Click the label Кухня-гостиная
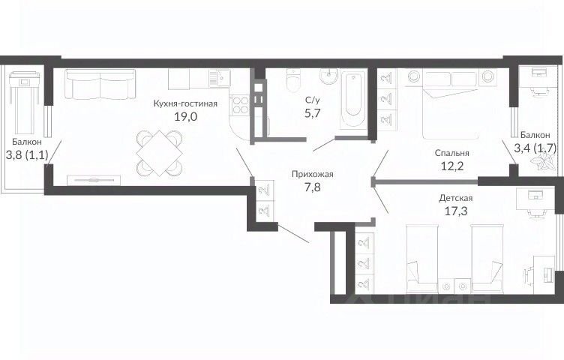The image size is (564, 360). pos(185,104)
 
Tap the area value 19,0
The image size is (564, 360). pos(185,116)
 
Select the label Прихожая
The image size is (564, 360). pos(312,175)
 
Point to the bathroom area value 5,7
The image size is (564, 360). pos(312,114)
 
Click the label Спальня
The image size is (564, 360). pos(451,153)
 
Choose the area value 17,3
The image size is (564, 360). pos(456,211)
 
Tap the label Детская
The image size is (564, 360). pos(456,198)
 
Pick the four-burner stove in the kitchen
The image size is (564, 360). pos(240,105)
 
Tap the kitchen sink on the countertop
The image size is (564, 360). pos(220,78)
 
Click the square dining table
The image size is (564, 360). pos(159,152)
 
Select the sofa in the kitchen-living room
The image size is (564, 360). pos(100,84)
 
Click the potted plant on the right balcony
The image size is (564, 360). pos(546,162)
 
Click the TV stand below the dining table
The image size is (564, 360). pos(94,179)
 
